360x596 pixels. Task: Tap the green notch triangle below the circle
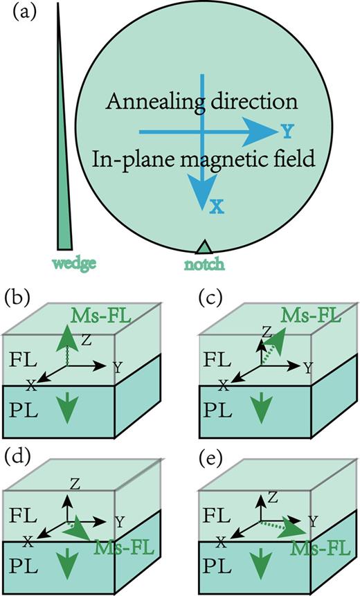click(202, 247)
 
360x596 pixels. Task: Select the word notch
click(204, 263)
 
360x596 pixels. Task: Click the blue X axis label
click(217, 206)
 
